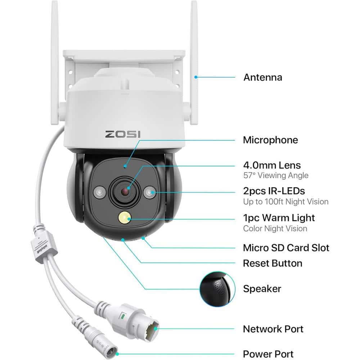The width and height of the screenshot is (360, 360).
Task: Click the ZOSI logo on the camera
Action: (123, 134)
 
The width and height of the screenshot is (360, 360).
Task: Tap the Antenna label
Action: (262, 77)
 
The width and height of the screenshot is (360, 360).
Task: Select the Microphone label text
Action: (270, 140)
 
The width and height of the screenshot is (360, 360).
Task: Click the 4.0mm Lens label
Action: (272, 166)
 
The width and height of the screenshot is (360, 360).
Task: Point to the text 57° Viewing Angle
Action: (276, 176)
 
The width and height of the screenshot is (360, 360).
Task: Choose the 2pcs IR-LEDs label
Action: (274, 191)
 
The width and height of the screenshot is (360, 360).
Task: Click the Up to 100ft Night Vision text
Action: (286, 202)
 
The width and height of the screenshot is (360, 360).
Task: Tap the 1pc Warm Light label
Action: (279, 218)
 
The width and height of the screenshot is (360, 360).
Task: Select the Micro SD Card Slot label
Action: (286, 248)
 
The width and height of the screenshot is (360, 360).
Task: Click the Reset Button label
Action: (273, 263)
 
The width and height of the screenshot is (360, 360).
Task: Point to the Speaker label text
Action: (262, 288)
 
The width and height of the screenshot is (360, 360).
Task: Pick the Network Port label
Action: (273, 329)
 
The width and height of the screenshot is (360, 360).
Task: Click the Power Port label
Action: (268, 354)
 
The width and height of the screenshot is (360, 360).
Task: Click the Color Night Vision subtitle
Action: (275, 229)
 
